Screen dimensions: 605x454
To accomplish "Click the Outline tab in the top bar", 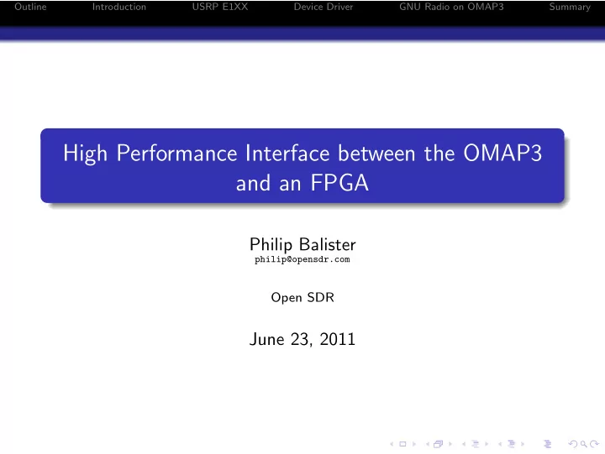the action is (x=30, y=7).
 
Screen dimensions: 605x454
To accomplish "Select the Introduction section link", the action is (x=118, y=7).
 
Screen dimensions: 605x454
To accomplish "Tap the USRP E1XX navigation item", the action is (x=220, y=7).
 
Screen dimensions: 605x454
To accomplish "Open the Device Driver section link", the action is (x=324, y=7).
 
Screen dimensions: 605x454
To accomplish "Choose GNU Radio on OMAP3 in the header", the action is (x=451, y=7).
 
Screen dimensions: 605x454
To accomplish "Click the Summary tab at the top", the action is (x=570, y=7).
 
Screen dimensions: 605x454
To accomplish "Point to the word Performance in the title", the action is (x=176, y=154).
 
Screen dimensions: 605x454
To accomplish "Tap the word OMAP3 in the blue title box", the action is (x=502, y=153).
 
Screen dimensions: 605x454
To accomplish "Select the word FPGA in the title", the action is (x=339, y=183).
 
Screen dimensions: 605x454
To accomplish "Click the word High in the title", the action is (x=85, y=154).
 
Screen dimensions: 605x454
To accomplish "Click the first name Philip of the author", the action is (x=271, y=245).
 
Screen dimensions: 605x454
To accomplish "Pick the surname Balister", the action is (x=327, y=244).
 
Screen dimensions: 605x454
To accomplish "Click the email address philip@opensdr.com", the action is (x=302, y=259).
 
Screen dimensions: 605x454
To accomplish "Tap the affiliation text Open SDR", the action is (x=302, y=298).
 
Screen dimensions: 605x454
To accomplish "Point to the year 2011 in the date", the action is (x=337, y=339).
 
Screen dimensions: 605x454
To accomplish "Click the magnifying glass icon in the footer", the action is (x=583, y=444).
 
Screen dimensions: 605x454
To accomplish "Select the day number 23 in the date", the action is (x=301, y=340).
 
